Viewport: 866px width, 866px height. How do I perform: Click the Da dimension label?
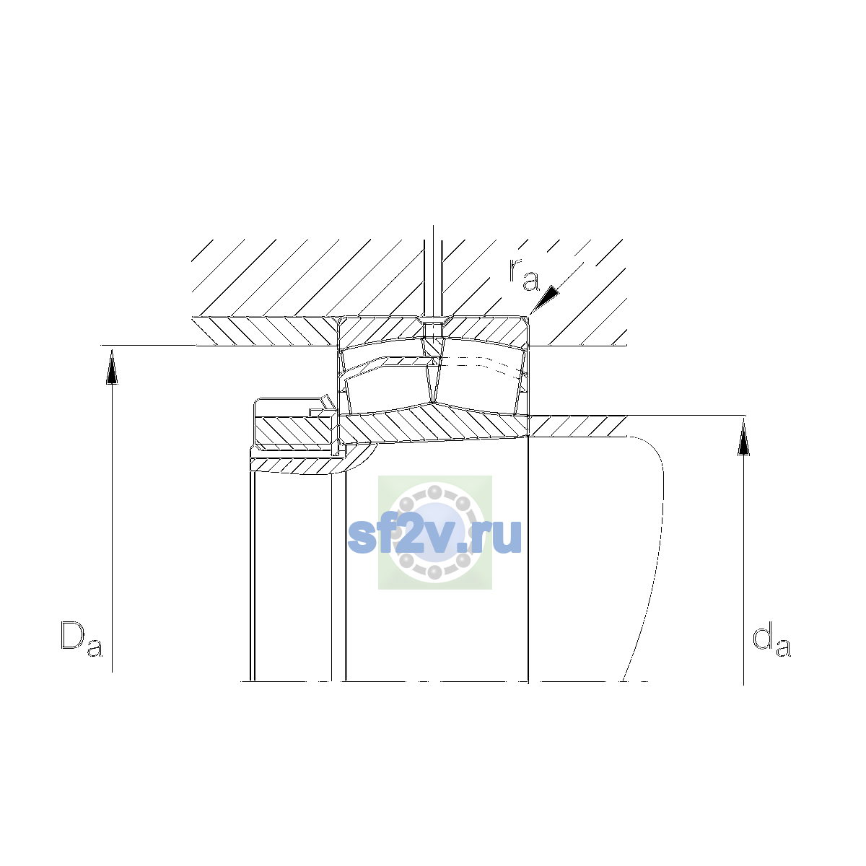(x=82, y=639)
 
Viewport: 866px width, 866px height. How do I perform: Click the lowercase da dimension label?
(x=771, y=639)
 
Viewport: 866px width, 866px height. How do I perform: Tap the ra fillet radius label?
(x=524, y=274)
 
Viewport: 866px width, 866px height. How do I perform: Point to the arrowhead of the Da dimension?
(x=112, y=367)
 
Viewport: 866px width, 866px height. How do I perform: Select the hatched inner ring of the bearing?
(x=434, y=424)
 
